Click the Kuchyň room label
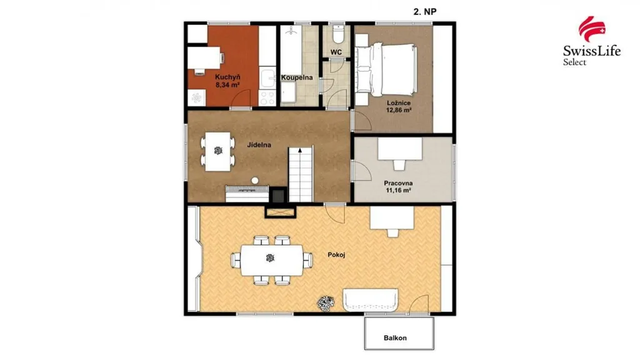tap(227, 77)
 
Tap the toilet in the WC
tap(337, 35)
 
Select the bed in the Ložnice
tap(386, 69)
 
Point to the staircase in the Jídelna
tap(301, 175)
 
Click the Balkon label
tap(395, 338)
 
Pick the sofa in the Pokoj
tap(371, 301)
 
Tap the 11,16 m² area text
tap(398, 190)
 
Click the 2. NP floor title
tap(425, 12)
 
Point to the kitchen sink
tap(267, 78)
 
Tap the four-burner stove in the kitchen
tap(267, 98)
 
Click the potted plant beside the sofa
tap(326, 303)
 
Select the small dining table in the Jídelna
tap(218, 151)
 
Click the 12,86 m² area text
tap(399, 110)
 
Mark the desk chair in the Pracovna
tap(399, 164)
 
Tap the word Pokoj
tap(336, 255)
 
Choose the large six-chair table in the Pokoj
tap(272, 260)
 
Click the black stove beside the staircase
tap(279, 195)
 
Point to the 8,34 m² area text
tap(227, 85)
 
